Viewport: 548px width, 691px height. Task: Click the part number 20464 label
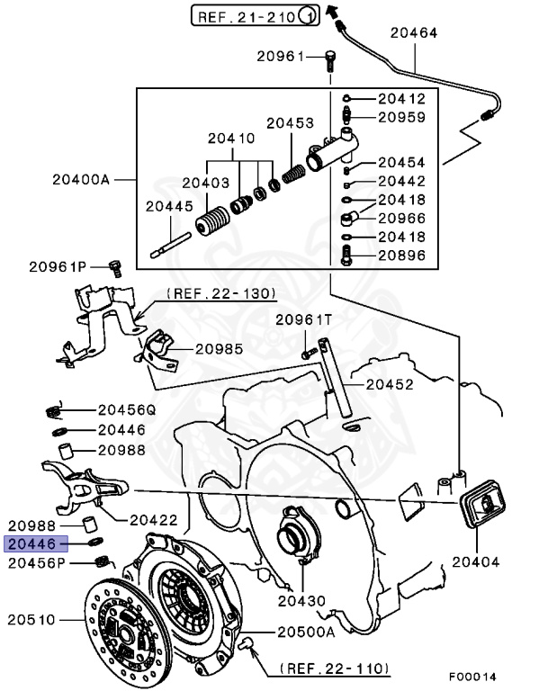tap(413, 33)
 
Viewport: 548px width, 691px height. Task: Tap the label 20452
tap(392, 384)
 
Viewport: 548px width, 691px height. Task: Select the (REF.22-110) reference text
tap(334, 669)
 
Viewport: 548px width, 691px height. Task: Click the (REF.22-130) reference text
tap(220, 293)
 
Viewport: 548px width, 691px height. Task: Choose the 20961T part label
tap(303, 319)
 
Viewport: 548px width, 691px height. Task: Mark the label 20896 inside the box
tap(401, 255)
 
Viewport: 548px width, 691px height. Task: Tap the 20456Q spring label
tap(126, 408)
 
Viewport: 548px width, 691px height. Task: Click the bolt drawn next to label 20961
tap(331, 59)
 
